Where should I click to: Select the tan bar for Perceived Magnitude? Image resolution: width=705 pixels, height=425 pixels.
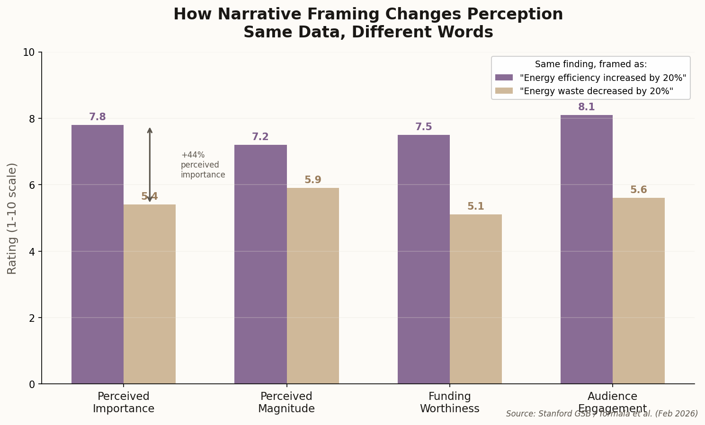(x=312, y=286)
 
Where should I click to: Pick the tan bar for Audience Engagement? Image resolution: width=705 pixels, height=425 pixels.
(x=638, y=291)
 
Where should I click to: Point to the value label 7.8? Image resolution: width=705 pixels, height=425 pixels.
(x=98, y=117)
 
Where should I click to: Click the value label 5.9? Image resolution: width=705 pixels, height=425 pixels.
(x=312, y=180)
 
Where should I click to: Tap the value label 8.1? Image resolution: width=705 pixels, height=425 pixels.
(x=586, y=107)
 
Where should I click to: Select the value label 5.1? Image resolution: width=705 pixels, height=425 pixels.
(x=475, y=207)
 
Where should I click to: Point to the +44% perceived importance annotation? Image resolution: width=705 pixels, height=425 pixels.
(x=203, y=165)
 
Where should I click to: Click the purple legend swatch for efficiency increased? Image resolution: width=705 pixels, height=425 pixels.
(x=504, y=78)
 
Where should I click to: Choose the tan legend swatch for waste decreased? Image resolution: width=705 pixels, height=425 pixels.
(x=504, y=91)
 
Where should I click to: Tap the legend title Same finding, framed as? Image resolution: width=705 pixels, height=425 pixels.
(x=590, y=64)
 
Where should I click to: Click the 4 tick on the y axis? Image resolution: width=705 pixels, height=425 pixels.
(x=32, y=252)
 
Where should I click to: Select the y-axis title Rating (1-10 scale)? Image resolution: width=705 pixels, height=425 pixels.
(x=12, y=218)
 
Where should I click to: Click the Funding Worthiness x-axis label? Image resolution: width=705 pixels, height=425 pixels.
(x=449, y=403)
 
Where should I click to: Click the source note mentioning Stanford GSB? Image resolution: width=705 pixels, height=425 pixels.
(x=601, y=414)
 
